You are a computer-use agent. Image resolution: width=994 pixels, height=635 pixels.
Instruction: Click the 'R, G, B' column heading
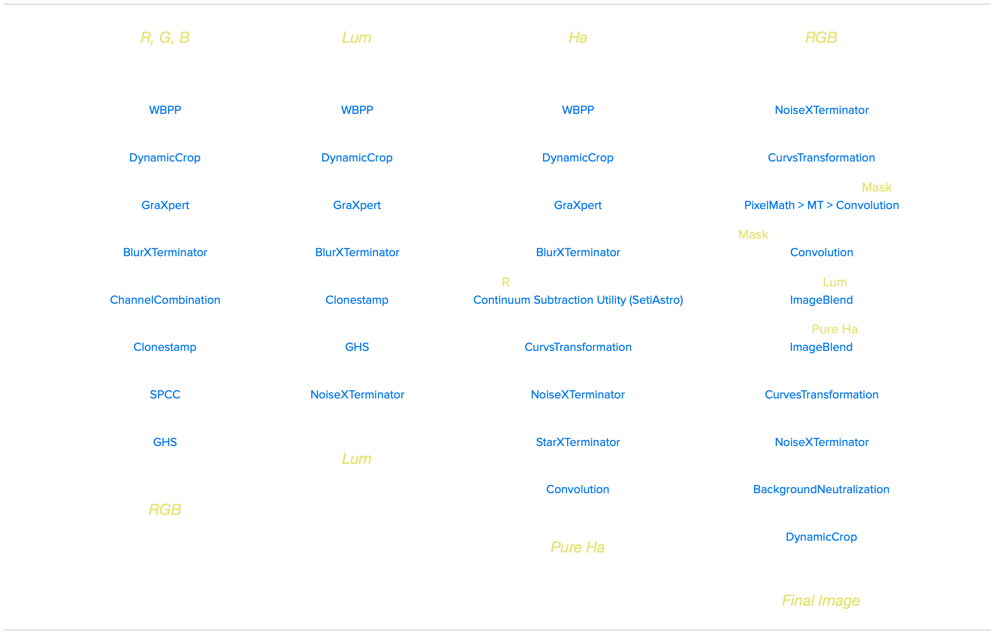[x=165, y=38]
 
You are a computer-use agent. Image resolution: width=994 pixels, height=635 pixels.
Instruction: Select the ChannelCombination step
[x=165, y=300]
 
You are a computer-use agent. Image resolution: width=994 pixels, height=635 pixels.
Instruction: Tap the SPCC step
[x=165, y=395]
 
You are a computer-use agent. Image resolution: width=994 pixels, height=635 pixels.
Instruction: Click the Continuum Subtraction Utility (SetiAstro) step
[x=578, y=300]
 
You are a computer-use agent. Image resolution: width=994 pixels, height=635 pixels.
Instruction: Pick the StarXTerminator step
[x=578, y=442]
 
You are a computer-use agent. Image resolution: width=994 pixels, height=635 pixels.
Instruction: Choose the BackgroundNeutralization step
[x=821, y=489]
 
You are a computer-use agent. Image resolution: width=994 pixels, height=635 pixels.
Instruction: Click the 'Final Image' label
[x=821, y=601]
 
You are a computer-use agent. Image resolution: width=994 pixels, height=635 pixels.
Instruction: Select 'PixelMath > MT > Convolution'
[x=821, y=205]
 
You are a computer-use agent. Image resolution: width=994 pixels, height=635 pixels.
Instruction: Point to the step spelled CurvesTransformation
[x=821, y=395]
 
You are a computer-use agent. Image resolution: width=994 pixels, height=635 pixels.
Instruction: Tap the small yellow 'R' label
[x=506, y=282]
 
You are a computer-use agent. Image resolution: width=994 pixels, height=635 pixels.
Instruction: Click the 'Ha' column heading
[x=578, y=38]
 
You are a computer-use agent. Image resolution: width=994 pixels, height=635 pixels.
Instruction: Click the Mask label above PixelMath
[x=877, y=187]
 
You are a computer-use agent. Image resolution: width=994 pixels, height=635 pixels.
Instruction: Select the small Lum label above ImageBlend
[x=835, y=282]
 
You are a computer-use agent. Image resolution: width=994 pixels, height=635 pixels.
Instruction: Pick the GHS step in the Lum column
[x=357, y=347]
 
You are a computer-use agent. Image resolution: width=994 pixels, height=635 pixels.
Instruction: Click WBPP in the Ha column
[x=578, y=110]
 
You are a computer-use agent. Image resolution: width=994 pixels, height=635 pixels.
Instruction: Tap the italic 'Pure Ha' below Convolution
[x=578, y=547]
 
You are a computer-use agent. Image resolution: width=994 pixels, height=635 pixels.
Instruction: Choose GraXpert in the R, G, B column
[x=165, y=205]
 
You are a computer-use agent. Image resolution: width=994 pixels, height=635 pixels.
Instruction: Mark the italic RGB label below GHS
[x=165, y=510]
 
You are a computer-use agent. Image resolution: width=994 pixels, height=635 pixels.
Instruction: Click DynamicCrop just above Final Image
[x=821, y=537]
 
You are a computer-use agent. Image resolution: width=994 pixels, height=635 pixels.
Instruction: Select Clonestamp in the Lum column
[x=357, y=300]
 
